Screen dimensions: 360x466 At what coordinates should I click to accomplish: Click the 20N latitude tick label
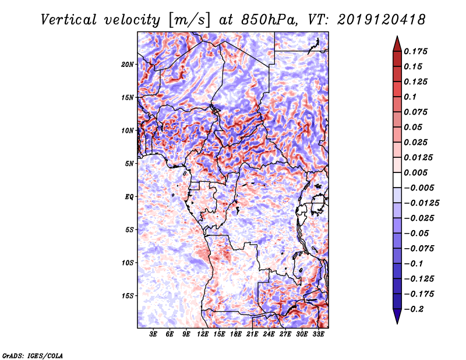tap(128, 64)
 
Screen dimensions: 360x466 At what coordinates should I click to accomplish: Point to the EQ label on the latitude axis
tap(129, 196)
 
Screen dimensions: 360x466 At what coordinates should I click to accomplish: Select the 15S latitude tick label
tap(128, 295)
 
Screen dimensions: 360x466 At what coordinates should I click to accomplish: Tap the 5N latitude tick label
tap(129, 164)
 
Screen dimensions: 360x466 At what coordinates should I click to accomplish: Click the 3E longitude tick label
tap(153, 335)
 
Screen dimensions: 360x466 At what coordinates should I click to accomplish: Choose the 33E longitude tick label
tap(318, 335)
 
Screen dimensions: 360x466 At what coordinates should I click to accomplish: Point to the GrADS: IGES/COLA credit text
tap(33, 355)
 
